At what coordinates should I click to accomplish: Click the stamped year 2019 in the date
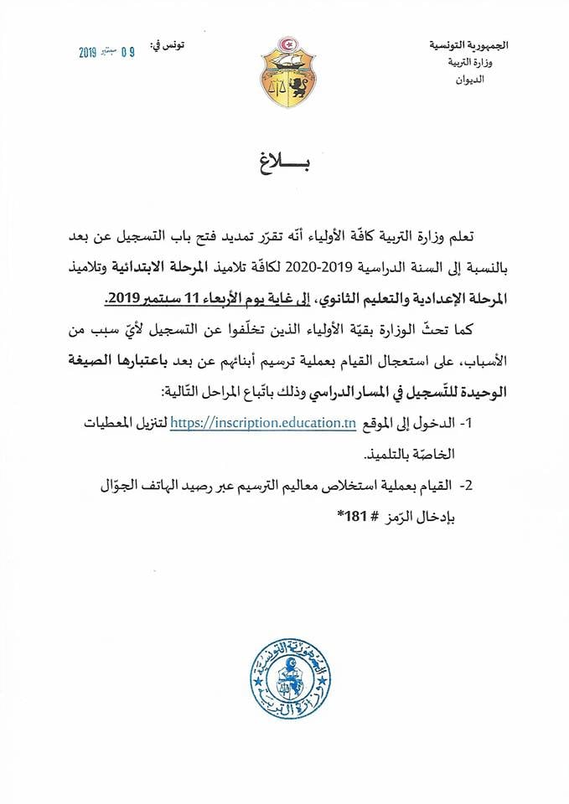pos(89,52)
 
